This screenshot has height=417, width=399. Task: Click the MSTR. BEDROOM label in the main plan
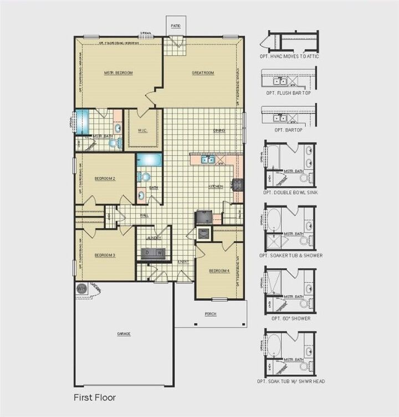[x=119, y=73]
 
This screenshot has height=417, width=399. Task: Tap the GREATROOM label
[x=203, y=73]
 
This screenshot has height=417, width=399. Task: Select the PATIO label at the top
[x=176, y=26]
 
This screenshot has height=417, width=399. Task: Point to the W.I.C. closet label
[x=141, y=131]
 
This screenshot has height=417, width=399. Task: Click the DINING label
[x=219, y=131]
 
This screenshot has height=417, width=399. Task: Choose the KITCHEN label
[x=216, y=186]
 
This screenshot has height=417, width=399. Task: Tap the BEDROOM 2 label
[x=105, y=179]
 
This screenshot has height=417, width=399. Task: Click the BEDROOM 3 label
[x=105, y=255]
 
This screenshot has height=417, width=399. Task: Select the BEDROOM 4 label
[x=219, y=271]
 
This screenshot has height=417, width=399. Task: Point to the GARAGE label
[x=124, y=334]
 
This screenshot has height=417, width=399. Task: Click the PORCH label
[x=211, y=314]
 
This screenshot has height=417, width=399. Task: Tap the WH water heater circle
[x=81, y=288]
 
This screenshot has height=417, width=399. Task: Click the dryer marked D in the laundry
[x=147, y=252]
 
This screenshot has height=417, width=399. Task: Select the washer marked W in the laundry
[x=159, y=252]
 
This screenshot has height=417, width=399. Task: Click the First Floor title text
[x=95, y=397]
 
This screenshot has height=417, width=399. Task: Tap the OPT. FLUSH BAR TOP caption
[x=288, y=93]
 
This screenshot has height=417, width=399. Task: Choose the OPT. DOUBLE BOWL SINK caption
[x=290, y=191]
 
